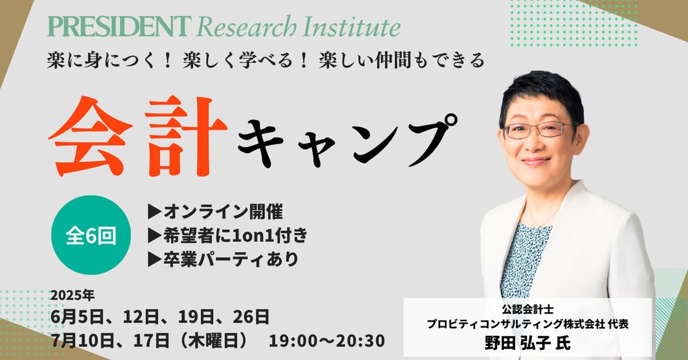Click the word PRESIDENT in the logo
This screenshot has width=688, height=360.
point(120,26)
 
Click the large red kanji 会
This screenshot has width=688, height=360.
point(90,136)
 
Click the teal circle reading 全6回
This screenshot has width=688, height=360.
point(91,235)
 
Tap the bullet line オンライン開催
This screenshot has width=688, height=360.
point(216,212)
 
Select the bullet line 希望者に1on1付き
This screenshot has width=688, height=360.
point(228,236)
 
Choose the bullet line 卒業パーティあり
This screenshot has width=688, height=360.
point(223,259)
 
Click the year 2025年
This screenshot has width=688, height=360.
point(73,296)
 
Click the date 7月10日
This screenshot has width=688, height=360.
point(82,341)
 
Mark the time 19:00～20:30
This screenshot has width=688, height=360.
point(327,341)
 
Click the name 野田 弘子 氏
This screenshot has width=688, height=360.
point(527,342)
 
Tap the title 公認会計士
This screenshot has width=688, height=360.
point(527,309)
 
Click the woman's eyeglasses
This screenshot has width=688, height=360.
point(538,130)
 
